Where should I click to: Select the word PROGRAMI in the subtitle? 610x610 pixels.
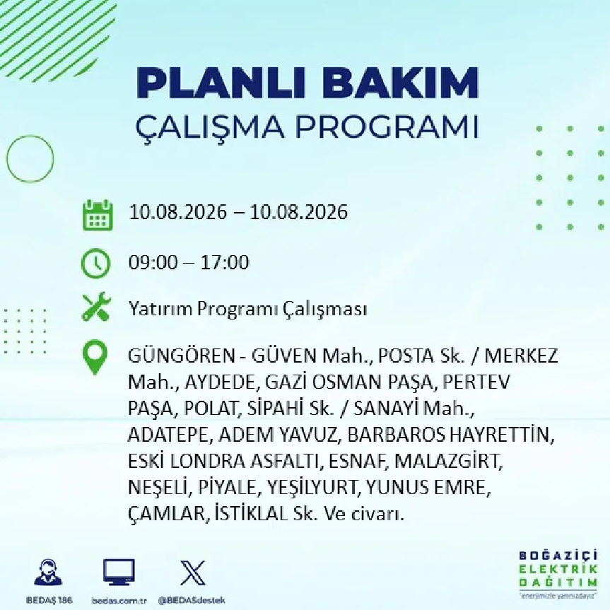[x=387, y=127]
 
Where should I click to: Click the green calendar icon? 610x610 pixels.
[x=98, y=215]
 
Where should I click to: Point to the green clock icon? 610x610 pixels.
[x=95, y=263]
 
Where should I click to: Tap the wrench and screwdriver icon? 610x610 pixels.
[x=96, y=307]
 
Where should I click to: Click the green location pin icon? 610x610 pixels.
[x=95, y=358]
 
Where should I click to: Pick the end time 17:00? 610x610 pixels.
[x=225, y=262]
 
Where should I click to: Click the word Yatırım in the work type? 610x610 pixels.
[x=160, y=310]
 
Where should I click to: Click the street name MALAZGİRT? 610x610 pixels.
[x=448, y=462]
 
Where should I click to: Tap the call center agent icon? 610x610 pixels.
[x=48, y=573]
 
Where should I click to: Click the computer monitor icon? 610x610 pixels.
[x=119, y=573]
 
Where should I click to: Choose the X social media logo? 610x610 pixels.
[x=192, y=573]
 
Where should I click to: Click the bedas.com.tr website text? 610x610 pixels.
[x=119, y=601]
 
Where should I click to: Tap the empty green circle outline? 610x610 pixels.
[x=6, y=159]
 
